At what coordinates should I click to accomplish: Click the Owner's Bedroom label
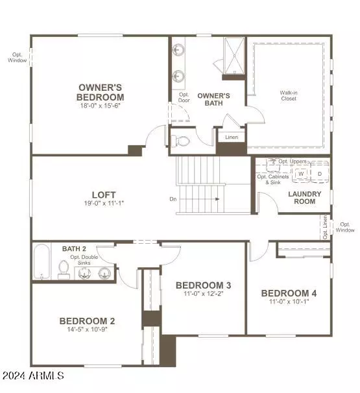tap(101, 92)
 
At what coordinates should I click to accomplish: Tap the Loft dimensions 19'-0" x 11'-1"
tap(104, 203)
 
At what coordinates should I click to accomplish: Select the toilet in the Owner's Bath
tap(180, 141)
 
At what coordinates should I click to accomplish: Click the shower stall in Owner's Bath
tap(234, 56)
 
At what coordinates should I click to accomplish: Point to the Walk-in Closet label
tap(289, 95)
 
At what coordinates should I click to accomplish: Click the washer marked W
tap(301, 174)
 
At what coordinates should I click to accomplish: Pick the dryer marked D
tap(320, 173)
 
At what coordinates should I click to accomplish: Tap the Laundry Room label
tap(305, 198)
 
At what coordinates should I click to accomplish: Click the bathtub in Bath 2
tap(42, 261)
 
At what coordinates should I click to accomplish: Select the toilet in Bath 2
tap(64, 269)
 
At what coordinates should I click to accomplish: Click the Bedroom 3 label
tap(203, 285)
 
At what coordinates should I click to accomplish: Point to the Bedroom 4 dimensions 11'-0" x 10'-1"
tap(289, 302)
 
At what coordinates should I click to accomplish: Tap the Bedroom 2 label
tap(87, 321)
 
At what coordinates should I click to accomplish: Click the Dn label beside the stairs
tap(173, 199)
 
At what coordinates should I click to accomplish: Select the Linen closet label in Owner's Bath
tap(232, 137)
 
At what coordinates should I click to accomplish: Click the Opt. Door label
tap(184, 97)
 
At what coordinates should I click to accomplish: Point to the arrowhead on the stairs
tap(217, 199)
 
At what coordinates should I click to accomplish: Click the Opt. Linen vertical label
tap(325, 227)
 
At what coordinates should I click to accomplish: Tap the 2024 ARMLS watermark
tap(33, 375)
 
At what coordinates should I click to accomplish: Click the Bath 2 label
tap(74, 248)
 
